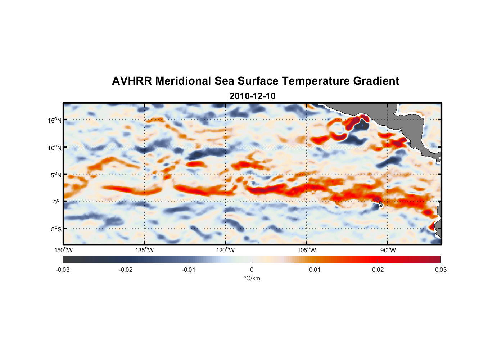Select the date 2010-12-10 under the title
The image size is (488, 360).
coord(252,96)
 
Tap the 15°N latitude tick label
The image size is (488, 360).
coord(55,120)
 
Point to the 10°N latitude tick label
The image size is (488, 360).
coord(55,148)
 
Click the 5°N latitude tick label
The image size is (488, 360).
coord(56,175)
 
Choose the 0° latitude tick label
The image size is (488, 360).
coord(57,202)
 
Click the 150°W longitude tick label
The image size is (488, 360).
coord(64,250)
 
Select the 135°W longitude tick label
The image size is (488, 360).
coord(145,250)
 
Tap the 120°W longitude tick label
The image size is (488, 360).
coord(226,250)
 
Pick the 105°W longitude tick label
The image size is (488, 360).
coord(307,250)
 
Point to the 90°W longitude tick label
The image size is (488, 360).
coord(388,250)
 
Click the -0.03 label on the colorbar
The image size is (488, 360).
coord(63,270)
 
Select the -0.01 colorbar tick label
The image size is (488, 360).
coord(189,270)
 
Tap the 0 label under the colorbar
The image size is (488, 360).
coord(252,270)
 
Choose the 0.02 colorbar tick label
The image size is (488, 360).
coord(378,270)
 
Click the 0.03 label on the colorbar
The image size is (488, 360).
coord(440,270)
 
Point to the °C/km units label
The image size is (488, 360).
coord(252,278)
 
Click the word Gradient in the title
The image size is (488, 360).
coord(376,81)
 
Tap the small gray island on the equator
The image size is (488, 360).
coord(381,204)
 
